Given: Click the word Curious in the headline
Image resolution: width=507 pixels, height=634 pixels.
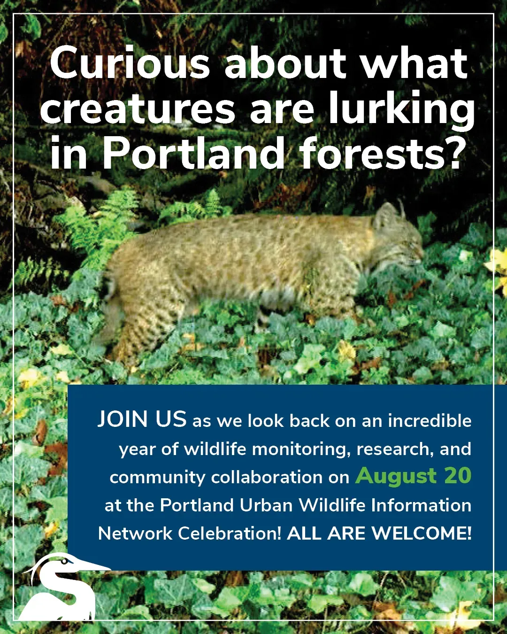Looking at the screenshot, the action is pyautogui.click(x=129, y=65).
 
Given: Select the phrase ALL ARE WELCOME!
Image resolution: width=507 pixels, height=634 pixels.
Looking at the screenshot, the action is pyautogui.click(x=379, y=533).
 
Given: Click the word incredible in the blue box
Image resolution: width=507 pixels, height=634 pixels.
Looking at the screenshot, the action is pyautogui.click(x=429, y=420).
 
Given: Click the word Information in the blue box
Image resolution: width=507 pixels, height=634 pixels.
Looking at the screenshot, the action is pyautogui.click(x=421, y=505).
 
